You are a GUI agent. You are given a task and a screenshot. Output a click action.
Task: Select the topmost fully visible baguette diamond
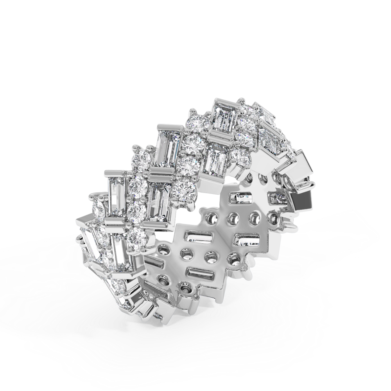point(222,117)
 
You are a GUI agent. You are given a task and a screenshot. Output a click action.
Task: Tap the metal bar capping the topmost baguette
point(223,103)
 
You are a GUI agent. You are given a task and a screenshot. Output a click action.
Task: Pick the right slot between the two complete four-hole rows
point(246,239)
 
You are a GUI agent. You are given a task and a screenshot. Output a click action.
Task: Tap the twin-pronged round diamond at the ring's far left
point(98,210)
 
